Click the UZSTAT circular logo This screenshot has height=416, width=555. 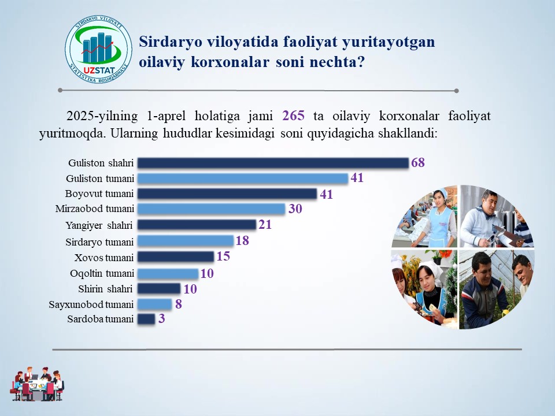pos(98,50)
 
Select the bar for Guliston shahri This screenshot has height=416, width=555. pos(273,163)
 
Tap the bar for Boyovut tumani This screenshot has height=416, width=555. pos(227,194)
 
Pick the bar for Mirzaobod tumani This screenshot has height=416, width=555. pos(211,209)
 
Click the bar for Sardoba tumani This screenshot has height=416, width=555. pos(146,319)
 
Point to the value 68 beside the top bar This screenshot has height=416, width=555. pos(417,162)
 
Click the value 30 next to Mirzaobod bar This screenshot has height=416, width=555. pos(295,209)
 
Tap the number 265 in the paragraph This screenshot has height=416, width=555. pos(294,116)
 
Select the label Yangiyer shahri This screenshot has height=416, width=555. pos(99,225)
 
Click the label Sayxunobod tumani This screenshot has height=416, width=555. pos(91,304)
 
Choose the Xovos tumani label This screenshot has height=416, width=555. pos(104,258)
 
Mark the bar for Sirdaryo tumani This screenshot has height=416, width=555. pos(186,241)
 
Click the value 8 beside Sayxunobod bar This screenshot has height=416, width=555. pos(179,304)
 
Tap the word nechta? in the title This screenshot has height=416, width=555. pos(337,62)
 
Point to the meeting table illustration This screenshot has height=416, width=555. pos(37,384)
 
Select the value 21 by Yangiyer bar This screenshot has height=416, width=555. pos(265,224)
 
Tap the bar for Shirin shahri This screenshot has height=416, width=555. pos(159,289)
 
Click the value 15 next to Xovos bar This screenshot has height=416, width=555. pos(223,256)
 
